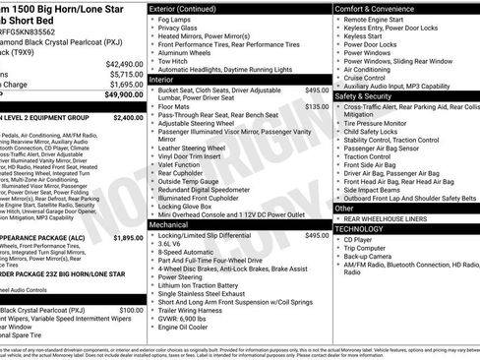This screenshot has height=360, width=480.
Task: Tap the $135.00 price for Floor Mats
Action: click(x=317, y=107)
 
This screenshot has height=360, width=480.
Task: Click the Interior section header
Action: click(x=167, y=78)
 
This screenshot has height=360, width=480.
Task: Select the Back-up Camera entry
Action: click(x=376, y=256)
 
